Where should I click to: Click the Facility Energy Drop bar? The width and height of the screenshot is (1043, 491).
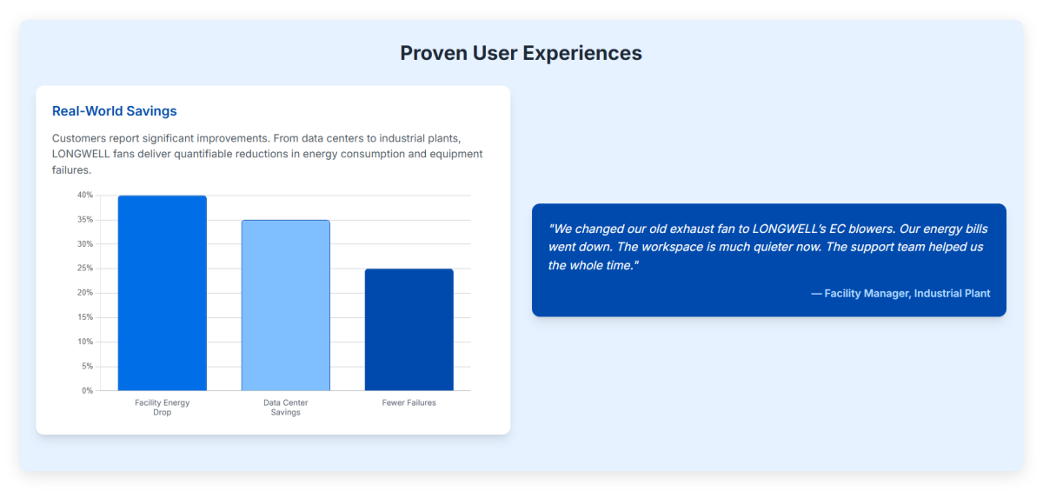pos(162,293)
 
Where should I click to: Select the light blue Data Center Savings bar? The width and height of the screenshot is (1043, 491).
pos(285,305)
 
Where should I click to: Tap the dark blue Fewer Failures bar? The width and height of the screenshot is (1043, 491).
pos(409,329)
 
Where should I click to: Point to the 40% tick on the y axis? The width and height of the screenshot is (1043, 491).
pos(85,195)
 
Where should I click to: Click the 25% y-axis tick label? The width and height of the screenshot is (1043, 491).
pos(85,268)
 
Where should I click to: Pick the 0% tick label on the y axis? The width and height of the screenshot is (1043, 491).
pos(88,390)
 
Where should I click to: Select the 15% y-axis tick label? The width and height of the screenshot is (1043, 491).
pos(85,317)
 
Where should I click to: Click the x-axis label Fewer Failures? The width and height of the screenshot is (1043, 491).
pos(409,402)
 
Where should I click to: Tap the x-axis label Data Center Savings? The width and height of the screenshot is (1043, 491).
pos(285,408)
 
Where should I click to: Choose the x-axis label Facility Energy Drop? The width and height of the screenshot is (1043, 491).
pos(162,408)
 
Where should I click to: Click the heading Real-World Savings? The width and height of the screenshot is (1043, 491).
pos(115,110)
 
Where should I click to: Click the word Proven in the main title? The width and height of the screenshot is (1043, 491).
pos(434,53)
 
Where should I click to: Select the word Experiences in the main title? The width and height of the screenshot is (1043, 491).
pos(582,53)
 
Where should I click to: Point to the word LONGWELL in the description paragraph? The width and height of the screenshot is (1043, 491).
pos(81,154)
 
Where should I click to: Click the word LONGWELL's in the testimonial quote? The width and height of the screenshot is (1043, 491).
pos(789,229)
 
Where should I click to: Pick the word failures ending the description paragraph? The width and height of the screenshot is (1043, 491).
pos(71,169)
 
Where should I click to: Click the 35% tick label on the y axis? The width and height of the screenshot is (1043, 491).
pos(85,220)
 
